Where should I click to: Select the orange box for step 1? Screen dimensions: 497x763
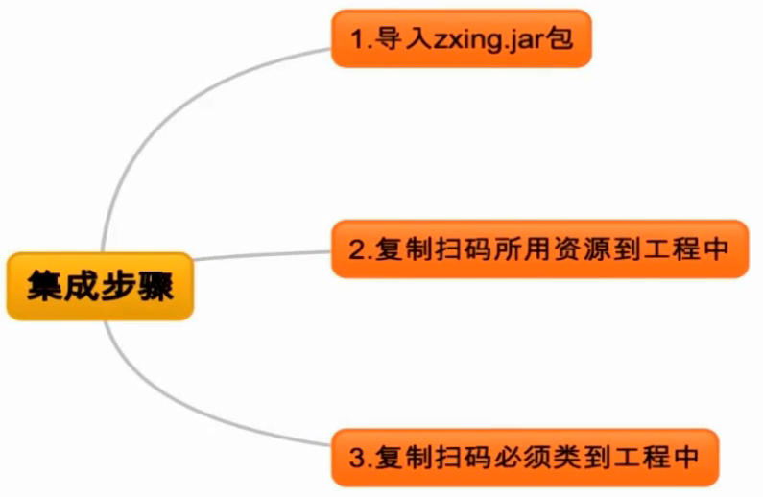pyautogui.click(x=461, y=39)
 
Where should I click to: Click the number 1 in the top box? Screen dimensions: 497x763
pyautogui.click(x=358, y=40)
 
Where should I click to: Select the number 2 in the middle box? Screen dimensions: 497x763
pyautogui.click(x=357, y=250)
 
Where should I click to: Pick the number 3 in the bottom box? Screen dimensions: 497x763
pyautogui.click(x=358, y=458)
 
